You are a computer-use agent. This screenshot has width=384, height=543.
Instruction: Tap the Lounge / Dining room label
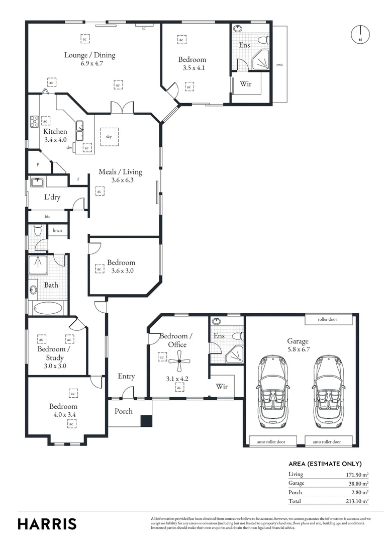pos(89,55)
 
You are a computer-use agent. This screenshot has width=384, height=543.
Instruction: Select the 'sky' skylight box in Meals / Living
pos(108,136)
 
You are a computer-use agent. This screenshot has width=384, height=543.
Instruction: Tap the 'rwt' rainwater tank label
pos(279,65)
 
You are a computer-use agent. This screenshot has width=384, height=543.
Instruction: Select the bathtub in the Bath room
pos(48,308)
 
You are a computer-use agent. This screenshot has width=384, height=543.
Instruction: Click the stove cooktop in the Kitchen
pos(35,121)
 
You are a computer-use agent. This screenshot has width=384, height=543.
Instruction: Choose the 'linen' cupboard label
pos(57,230)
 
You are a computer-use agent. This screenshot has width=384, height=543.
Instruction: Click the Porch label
pos(124,411)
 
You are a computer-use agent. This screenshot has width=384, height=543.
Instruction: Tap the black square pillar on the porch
pos(146,421)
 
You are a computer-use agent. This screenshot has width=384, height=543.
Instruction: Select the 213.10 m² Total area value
pos(358,501)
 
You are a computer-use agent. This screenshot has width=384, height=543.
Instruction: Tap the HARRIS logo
pos(47,523)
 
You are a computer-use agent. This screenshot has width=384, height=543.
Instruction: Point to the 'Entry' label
pos(126,376)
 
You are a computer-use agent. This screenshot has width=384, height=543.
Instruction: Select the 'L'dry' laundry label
pos(52,197)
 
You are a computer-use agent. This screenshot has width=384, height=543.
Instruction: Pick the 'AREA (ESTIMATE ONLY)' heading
pos(325,464)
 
